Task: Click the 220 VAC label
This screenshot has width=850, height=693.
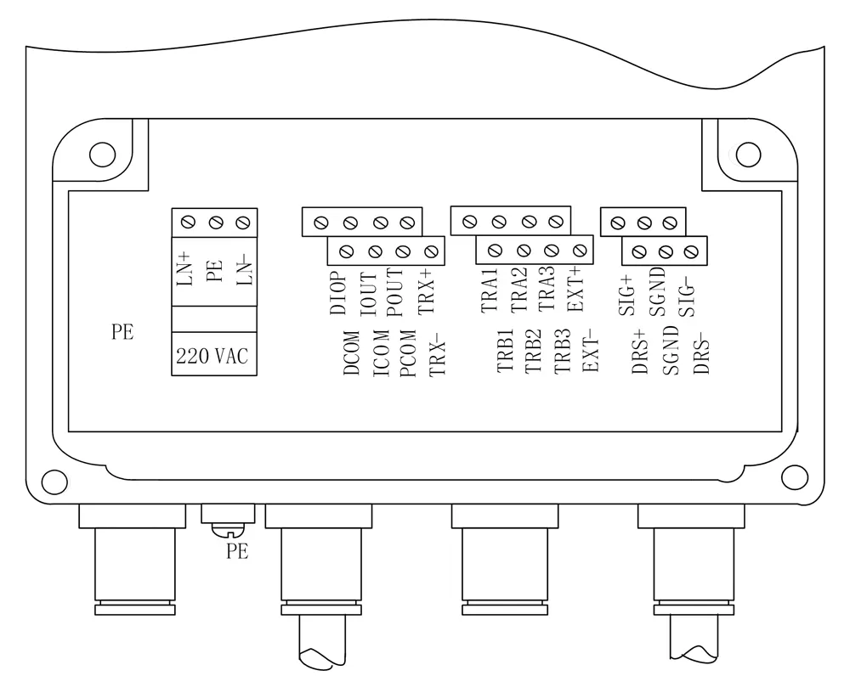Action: click(x=212, y=357)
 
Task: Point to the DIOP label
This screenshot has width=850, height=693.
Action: click(x=338, y=292)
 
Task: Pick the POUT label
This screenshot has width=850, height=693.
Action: click(x=397, y=294)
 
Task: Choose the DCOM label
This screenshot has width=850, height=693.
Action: click(x=351, y=353)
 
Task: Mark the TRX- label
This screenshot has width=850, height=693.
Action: click(x=437, y=353)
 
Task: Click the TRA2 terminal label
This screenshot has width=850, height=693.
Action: click(x=519, y=289)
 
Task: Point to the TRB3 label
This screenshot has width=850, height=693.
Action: click(x=562, y=351)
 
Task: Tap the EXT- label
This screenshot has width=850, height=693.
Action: click(x=591, y=351)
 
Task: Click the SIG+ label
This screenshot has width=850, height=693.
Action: click(x=626, y=293)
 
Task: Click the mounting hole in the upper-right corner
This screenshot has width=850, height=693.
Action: click(x=748, y=155)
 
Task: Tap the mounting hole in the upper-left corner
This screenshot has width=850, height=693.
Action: click(x=102, y=155)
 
